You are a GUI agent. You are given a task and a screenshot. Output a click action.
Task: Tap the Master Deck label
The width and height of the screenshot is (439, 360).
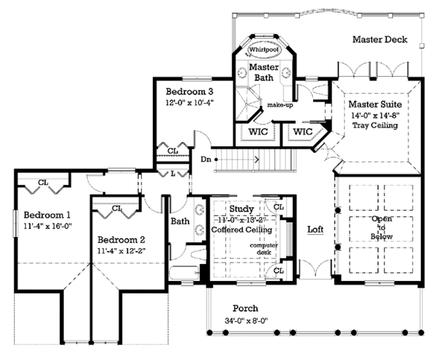coord(379,39)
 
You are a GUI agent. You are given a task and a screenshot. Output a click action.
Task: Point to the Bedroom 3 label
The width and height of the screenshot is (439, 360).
coord(189,91)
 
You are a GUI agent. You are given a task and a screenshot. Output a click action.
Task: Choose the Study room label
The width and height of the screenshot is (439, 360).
coord(241,209)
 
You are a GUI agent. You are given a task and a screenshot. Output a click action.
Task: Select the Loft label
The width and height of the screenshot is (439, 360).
coord(315,229)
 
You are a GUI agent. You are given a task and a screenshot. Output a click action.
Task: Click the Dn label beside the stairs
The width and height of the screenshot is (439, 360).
coord(206,157)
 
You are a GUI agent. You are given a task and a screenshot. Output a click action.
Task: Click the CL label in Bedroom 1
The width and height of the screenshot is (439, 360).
coord(43,182)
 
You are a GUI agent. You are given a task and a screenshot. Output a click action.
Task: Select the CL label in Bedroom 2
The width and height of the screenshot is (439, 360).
coord(117,209)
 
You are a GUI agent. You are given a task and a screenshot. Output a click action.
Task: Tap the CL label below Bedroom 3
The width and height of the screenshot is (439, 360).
coord(173,151)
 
